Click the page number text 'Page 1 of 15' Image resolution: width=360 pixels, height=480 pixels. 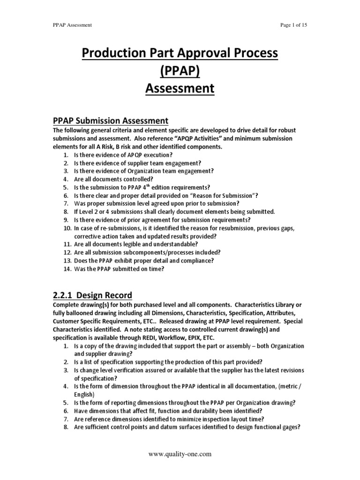(293, 24)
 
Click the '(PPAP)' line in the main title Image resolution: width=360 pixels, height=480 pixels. (180, 71)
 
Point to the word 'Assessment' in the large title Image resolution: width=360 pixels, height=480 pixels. (180, 88)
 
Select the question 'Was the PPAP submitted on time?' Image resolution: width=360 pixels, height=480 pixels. (120, 269)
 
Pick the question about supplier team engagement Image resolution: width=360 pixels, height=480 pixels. (137, 163)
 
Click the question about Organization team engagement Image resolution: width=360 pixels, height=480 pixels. (144, 171)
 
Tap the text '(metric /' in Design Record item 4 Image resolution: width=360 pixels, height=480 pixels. (290, 387)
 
